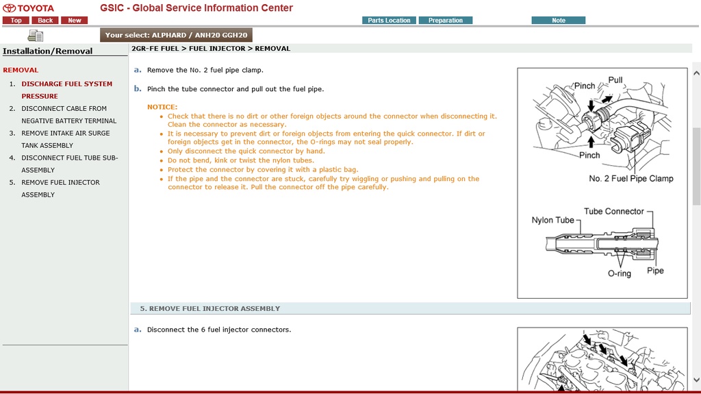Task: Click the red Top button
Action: pos(16,20)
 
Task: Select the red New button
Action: pos(74,20)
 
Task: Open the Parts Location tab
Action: pos(389,20)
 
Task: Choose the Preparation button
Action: pos(445,20)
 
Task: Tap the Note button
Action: pos(559,20)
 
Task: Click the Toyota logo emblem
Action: pos(9,8)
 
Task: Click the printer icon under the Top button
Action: pos(36,36)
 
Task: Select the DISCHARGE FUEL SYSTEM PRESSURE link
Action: pos(66,90)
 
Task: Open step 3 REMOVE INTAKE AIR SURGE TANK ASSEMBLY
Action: pos(65,139)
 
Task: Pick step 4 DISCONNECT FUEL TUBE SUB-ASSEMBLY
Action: pos(69,164)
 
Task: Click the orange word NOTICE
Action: pos(162,107)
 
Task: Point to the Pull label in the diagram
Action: pos(615,79)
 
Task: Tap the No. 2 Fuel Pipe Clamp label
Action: pos(630,178)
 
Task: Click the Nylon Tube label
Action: pos(552,220)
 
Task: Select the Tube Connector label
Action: pos(614,211)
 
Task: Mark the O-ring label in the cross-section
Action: pos(619,273)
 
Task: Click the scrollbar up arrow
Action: pos(696,73)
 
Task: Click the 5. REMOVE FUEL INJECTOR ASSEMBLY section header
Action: pos(210,308)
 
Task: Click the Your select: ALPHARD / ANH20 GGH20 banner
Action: pos(176,35)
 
